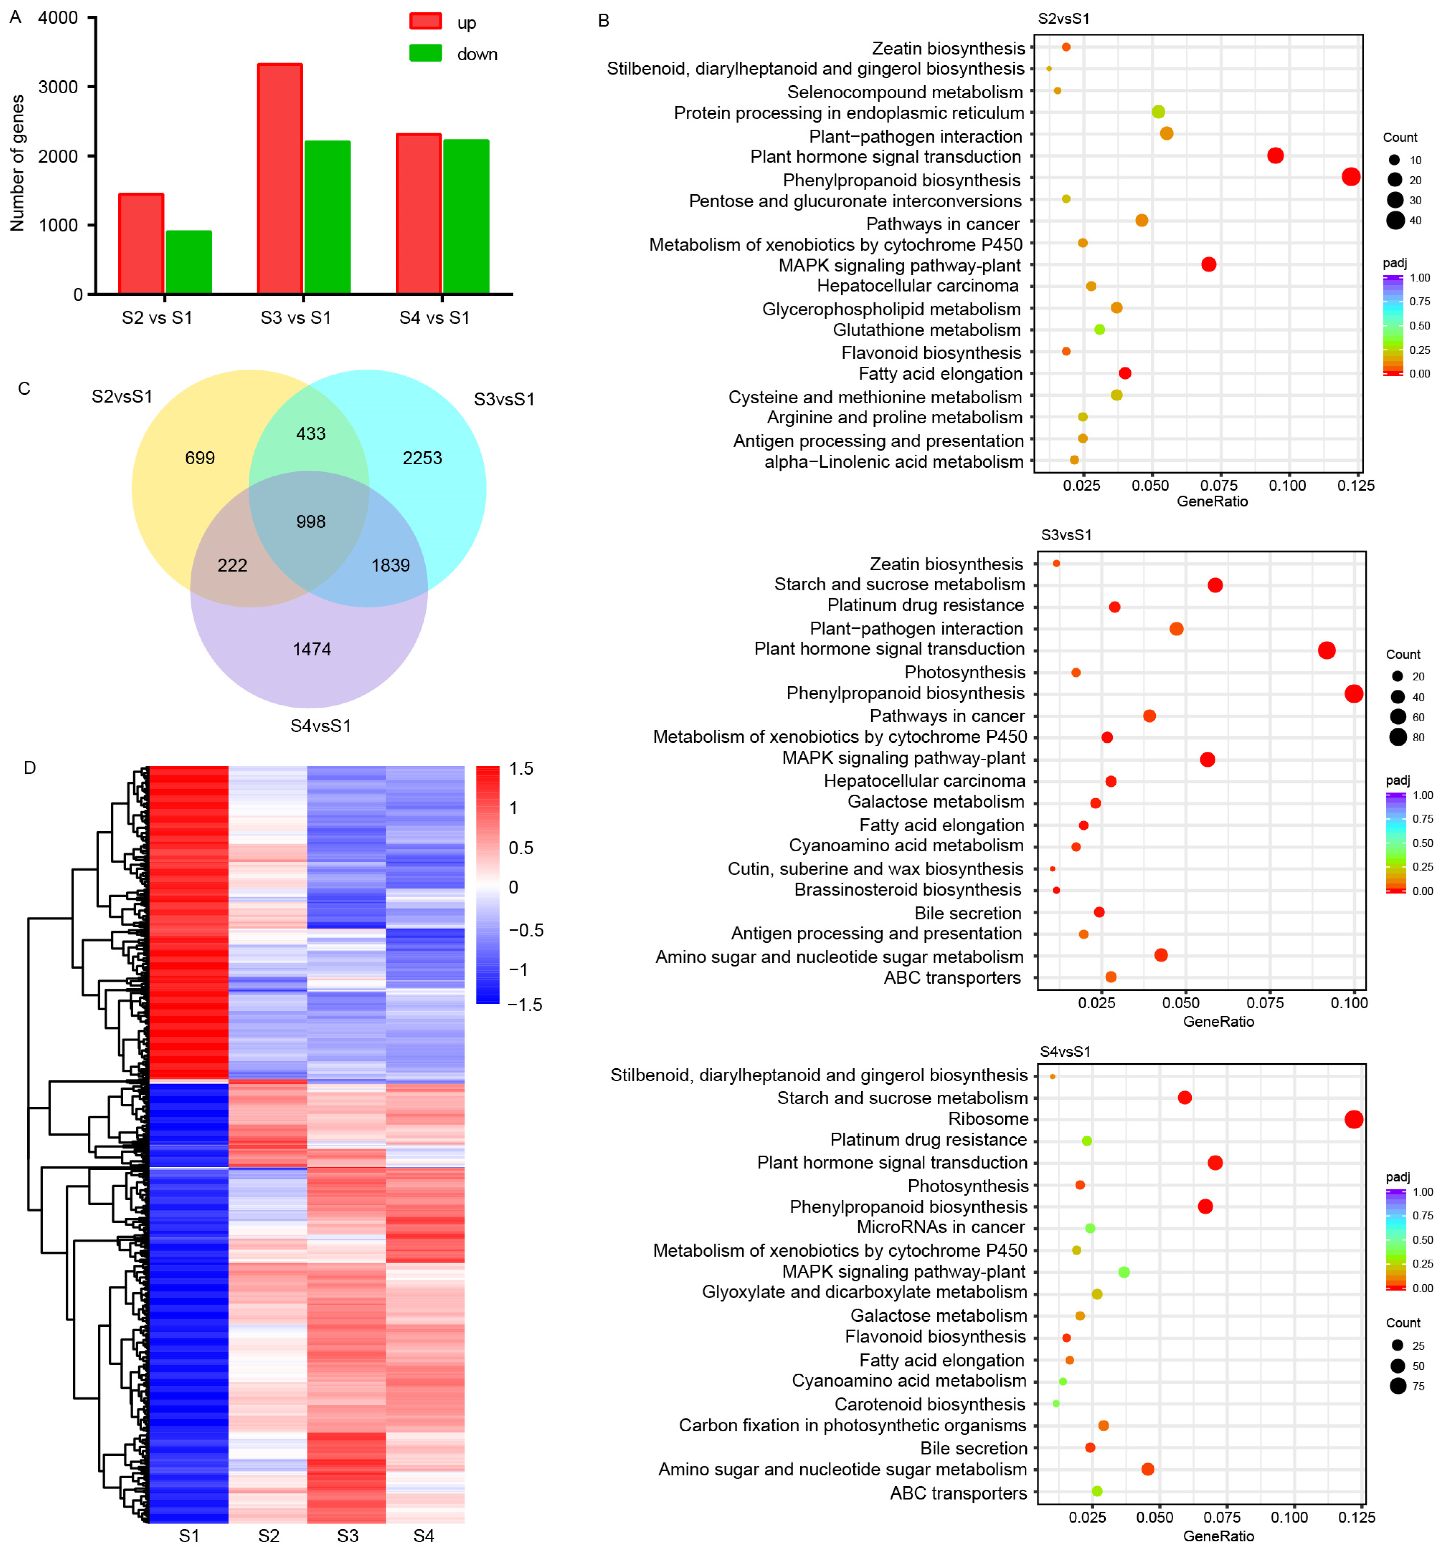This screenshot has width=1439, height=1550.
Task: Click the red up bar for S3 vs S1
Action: [x=280, y=179]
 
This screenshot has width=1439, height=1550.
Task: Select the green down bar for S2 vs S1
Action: [x=189, y=262]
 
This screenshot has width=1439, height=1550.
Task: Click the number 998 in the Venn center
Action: [x=311, y=522]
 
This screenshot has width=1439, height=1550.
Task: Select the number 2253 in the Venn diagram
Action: [x=422, y=458]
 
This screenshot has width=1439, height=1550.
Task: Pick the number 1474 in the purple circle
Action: [x=311, y=649]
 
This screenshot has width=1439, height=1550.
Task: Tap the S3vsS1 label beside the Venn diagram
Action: [x=504, y=400]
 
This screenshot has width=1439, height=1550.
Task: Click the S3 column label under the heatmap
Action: [x=347, y=1535]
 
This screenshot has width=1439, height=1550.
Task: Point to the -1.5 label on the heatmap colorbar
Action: [x=525, y=1005]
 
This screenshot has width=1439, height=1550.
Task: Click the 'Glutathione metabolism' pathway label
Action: [x=926, y=330]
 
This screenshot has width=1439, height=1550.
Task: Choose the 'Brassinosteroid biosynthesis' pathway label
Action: [x=907, y=889]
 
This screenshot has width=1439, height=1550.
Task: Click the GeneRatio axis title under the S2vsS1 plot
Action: [x=1212, y=501]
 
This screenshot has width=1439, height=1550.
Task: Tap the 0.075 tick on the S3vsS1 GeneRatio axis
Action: [x=1266, y=1003]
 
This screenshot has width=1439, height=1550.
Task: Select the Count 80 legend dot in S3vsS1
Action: [x=1398, y=737]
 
